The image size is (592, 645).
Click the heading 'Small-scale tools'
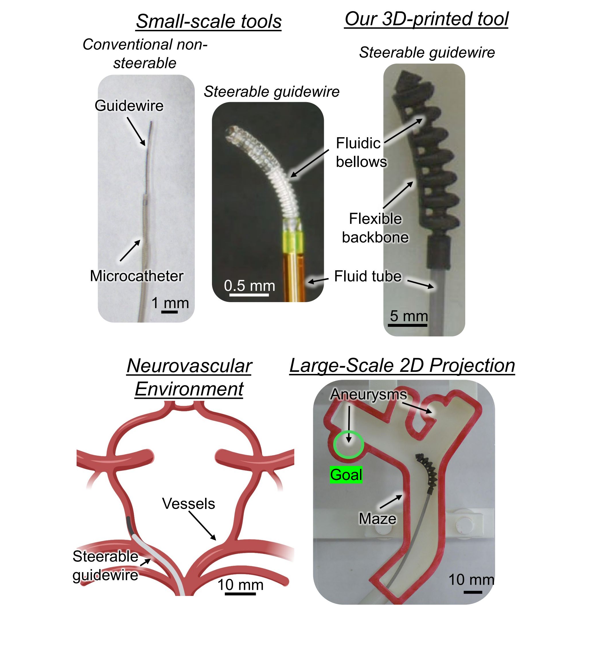pyautogui.click(x=209, y=22)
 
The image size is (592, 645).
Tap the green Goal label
pyautogui.click(x=346, y=475)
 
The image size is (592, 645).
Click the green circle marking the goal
pyautogui.click(x=348, y=445)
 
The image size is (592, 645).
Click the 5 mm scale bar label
pyautogui.click(x=409, y=316)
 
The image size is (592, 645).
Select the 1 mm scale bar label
pyautogui.click(x=170, y=303)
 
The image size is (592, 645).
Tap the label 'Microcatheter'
pyautogui.click(x=137, y=276)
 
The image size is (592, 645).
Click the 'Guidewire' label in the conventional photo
pyautogui.click(x=129, y=106)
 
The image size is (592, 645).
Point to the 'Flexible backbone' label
pyautogui.click(x=375, y=228)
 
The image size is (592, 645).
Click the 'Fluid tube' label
pyautogui.click(x=367, y=277)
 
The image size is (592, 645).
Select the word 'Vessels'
pyautogui.click(x=188, y=504)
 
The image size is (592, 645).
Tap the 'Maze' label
pyautogui.click(x=377, y=519)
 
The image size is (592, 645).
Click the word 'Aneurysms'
pyautogui.click(x=368, y=395)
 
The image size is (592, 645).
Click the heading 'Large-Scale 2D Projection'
pyautogui.click(x=402, y=366)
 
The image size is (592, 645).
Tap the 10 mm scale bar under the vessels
pyautogui.click(x=240, y=594)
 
